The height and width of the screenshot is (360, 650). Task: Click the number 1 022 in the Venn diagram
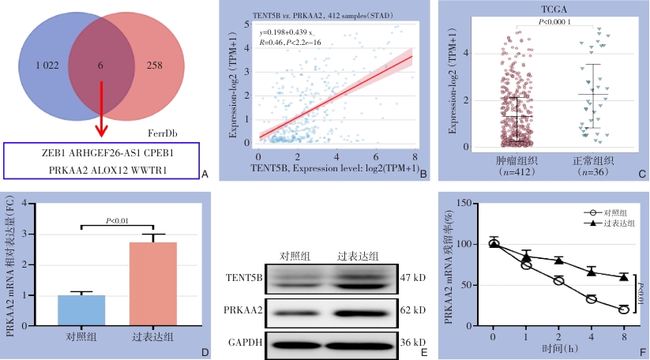click(48, 66)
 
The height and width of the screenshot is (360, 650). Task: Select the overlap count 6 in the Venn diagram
click(100, 66)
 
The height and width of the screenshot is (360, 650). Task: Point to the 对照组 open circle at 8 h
click(624, 309)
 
